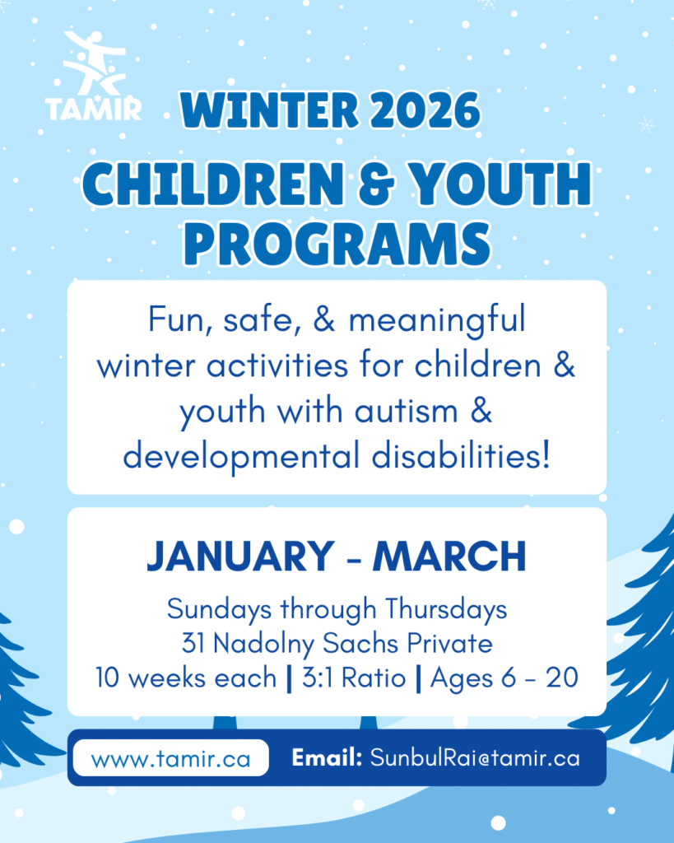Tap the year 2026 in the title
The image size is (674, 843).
(x=425, y=110)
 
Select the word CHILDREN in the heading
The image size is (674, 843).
(x=213, y=184)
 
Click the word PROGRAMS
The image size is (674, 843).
(x=337, y=244)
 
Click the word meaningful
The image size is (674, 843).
(x=436, y=320)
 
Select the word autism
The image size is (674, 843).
(x=406, y=412)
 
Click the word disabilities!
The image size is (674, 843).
(x=461, y=456)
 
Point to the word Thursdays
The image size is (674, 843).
(x=446, y=610)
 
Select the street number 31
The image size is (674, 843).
(x=193, y=643)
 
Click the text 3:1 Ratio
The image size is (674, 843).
(x=354, y=678)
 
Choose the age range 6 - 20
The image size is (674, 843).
(x=540, y=678)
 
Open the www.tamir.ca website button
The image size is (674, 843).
(x=171, y=758)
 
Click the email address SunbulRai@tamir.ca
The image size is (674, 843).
(x=475, y=758)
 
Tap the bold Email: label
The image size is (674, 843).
(x=327, y=758)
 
